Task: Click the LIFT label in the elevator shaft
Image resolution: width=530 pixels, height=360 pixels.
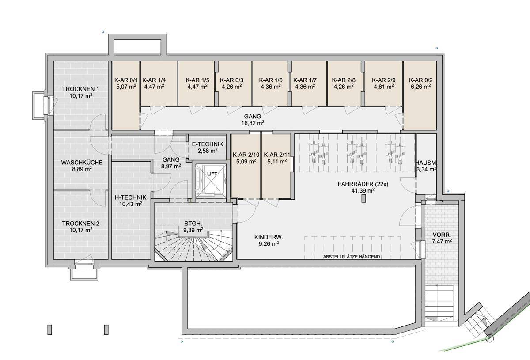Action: pos(212,174)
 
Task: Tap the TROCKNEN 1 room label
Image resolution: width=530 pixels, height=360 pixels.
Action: pos(81,89)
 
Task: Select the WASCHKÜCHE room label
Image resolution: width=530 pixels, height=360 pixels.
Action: pos(82,163)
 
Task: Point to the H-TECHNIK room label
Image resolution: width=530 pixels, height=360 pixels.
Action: pos(131,197)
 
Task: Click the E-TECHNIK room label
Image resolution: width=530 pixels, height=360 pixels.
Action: pos(208,144)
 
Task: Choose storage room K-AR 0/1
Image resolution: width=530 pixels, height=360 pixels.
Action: pos(125,95)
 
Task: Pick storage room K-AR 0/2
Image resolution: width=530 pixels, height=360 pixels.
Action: pos(420,95)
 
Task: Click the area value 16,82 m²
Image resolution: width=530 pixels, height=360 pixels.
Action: pos(253,123)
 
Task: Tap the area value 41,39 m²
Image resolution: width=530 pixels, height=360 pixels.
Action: pos(363,191)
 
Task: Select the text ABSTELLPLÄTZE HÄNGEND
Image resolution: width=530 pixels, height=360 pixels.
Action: pos(352,257)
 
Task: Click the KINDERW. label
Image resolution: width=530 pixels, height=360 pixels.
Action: pos(269,237)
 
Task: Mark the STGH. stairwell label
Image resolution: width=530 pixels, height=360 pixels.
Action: pos(193,223)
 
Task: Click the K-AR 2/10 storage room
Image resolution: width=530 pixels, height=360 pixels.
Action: pos(246,166)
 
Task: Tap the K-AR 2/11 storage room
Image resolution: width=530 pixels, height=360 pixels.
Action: pos(276,166)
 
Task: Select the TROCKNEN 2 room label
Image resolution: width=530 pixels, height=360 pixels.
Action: pos(81,224)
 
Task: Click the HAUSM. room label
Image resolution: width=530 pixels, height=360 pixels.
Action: pos(426,163)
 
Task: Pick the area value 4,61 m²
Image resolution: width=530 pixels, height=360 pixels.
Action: pos(383,87)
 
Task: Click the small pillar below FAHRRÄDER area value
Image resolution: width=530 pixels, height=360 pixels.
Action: pos(363,198)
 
